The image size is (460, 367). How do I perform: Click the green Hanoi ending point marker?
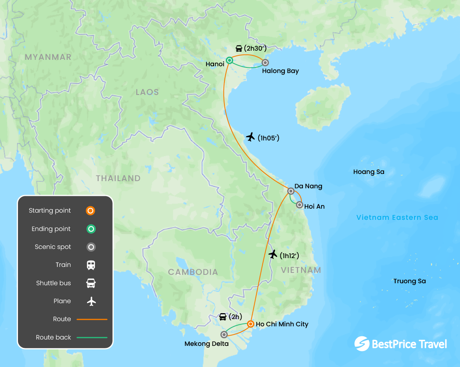pos(230,61)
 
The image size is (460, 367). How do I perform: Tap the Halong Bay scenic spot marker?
pos(265,63)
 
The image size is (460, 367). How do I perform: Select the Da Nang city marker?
pos(291,191)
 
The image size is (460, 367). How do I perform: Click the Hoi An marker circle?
pos(299,205)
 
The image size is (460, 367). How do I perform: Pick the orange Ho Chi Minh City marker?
pos(250,324)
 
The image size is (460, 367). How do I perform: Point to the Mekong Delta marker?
pos(224,335)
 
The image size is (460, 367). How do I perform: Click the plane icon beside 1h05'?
pos(250,137)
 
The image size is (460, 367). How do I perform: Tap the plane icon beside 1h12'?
pos(273,254)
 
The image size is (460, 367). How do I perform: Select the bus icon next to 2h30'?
pos(239,49)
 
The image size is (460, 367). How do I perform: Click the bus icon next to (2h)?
pos(223,317)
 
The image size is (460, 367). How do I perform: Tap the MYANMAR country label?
pos(48,57)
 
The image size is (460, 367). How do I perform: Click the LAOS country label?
pos(147,92)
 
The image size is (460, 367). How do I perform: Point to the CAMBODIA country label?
pos(193,272)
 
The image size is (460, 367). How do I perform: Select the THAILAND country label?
pos(118,178)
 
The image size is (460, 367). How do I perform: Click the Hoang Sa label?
pos(369,172)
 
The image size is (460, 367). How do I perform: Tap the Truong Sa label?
pos(409,281)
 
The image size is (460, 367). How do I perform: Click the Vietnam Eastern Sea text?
pos(397,217)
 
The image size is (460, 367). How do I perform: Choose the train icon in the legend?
pos(91,265)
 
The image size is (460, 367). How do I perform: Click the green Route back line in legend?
pos(92,337)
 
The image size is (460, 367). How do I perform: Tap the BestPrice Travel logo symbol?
pos(362,344)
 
